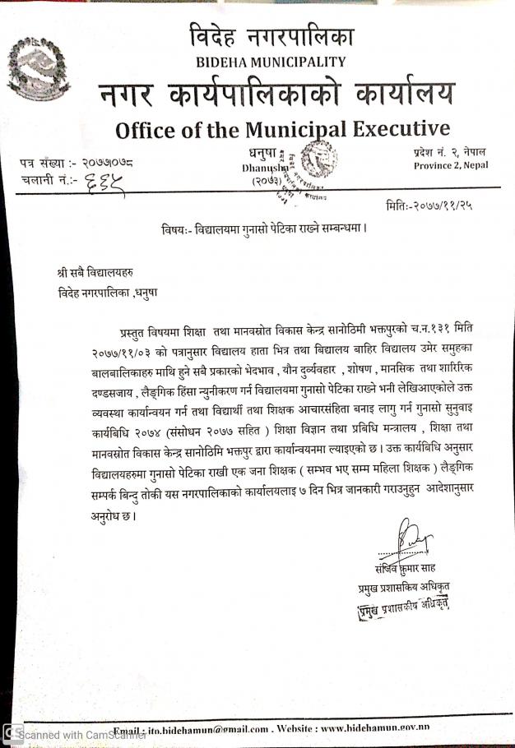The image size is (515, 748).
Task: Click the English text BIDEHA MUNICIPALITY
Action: pos(271,62)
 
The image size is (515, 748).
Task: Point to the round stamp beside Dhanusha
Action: pos(306,161)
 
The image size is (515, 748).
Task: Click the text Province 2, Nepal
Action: pos(451,165)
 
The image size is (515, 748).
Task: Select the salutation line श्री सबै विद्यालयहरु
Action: pos(87,271)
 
